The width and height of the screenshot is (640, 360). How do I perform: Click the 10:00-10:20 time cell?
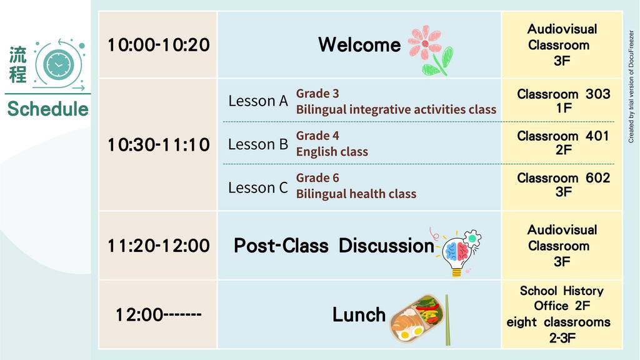[158, 44]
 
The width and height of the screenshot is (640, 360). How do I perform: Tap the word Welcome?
[359, 44]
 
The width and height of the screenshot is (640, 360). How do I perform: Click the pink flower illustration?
[431, 50]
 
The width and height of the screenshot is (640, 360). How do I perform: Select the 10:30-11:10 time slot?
[158, 144]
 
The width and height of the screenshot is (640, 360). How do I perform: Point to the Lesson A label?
[258, 101]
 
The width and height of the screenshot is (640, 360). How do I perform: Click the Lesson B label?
[258, 144]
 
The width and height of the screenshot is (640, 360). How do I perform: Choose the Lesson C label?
[258, 187]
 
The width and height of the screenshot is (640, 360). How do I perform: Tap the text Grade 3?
[317, 94]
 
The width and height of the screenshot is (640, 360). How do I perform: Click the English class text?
[332, 152]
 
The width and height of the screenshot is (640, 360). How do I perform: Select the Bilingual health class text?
[356, 194]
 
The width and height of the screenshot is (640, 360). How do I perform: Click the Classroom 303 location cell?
[562, 101]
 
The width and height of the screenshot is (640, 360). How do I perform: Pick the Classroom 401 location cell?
[562, 142]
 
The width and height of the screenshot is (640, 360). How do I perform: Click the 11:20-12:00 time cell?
[158, 246]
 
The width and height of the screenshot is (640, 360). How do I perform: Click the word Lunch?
[359, 315]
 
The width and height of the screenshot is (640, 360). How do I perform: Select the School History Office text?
[562, 298]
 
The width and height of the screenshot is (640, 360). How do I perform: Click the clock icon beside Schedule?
[59, 64]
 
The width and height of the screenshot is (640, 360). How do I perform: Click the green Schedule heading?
[47, 109]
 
